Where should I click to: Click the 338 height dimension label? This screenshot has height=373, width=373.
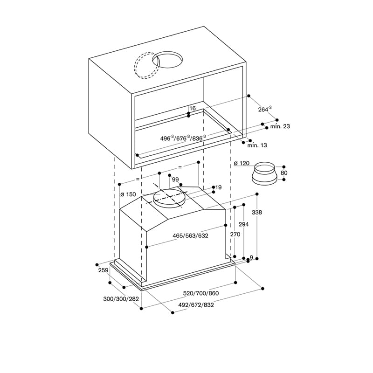click(257, 212)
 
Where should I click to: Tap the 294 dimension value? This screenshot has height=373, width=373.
click(243, 224)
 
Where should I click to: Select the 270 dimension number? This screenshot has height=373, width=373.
click(235, 235)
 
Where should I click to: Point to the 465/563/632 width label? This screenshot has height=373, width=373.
click(190, 236)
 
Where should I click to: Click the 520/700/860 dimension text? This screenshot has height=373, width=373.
click(201, 293)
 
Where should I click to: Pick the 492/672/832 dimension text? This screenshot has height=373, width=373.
click(196, 305)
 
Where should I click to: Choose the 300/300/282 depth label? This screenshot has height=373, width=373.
click(121, 299)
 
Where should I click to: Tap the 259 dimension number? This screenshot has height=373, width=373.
click(103, 270)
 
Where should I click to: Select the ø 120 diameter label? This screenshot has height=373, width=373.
click(242, 163)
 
